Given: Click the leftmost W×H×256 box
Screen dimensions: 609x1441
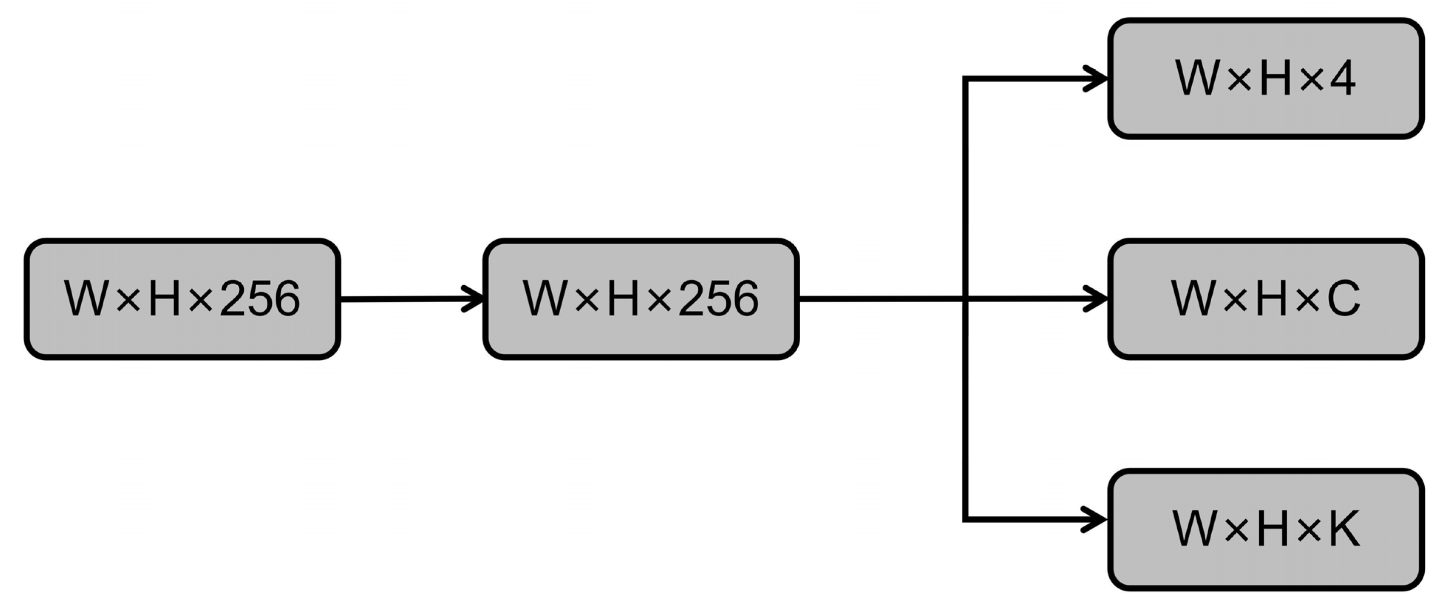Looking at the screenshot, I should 182,299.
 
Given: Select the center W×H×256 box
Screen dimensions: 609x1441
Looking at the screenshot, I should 641,299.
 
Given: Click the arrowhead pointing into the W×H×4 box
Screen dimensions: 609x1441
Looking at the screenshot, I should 1096,78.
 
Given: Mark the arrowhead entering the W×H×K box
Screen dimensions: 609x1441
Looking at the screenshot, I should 1096,520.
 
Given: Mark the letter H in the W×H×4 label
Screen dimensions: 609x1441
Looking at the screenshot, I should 1277,78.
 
